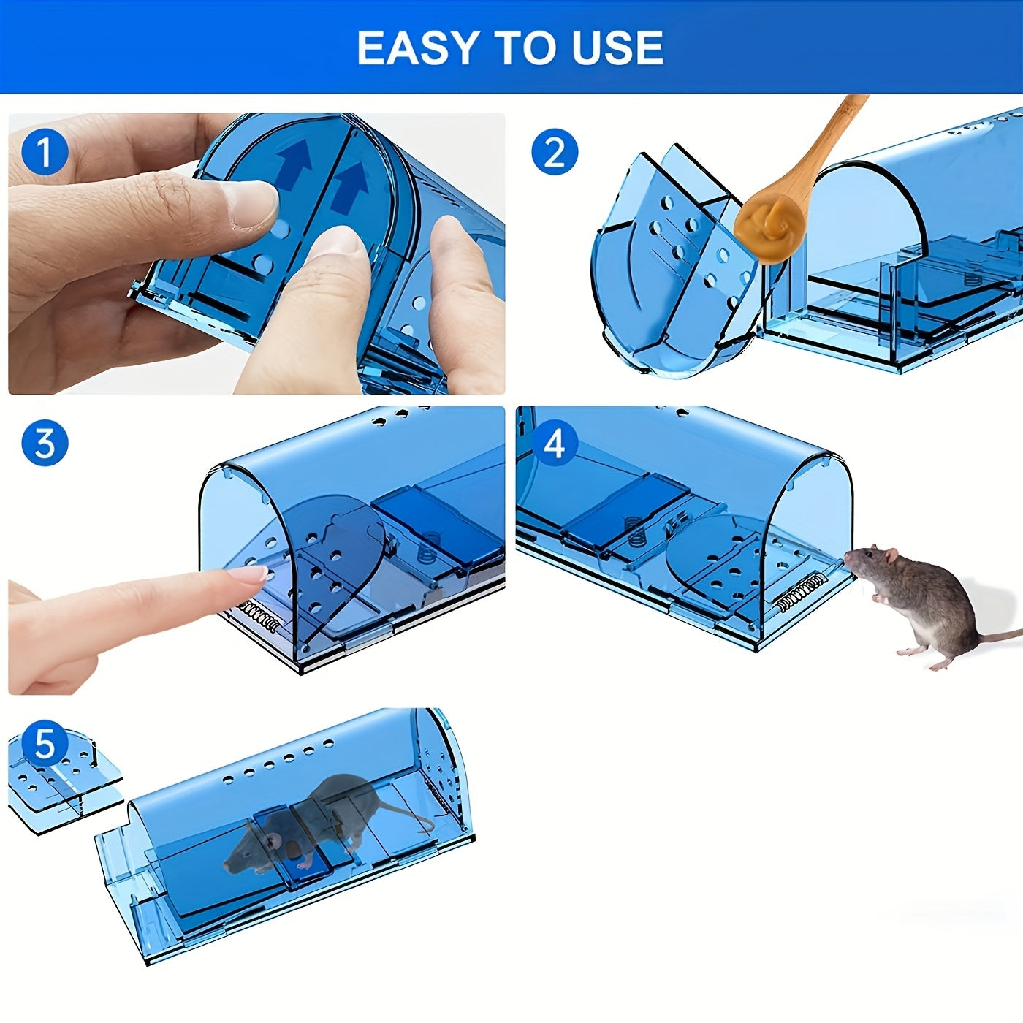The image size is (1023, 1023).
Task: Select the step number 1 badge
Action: [x=45, y=153]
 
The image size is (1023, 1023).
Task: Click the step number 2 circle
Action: [x=555, y=153]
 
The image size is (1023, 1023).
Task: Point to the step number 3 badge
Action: [x=45, y=444]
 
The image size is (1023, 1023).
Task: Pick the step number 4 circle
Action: [x=555, y=444]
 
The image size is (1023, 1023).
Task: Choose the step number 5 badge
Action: [x=45, y=745]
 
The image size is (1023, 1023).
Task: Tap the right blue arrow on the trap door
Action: [x=350, y=187]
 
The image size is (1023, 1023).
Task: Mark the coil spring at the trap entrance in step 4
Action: [x=800, y=592]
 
